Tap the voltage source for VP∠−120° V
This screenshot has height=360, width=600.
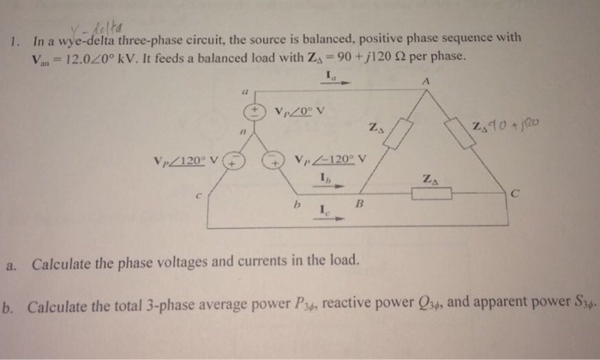click(x=276, y=160)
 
